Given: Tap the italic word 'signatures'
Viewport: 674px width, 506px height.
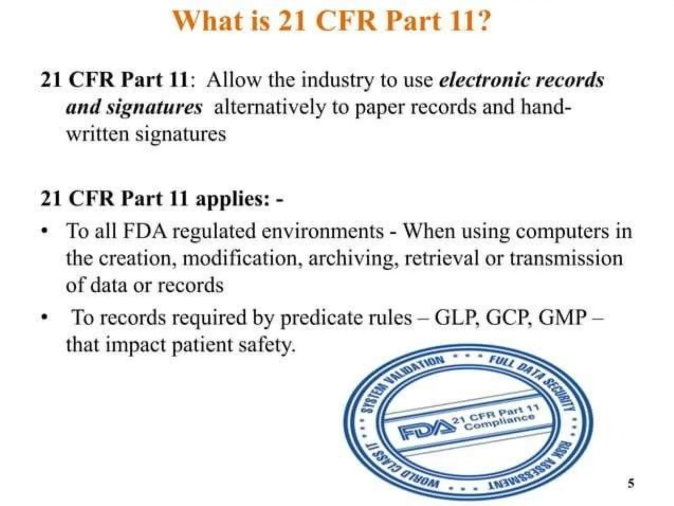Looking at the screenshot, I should [154, 108].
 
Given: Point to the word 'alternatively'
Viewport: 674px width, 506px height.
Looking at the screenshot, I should [269, 108].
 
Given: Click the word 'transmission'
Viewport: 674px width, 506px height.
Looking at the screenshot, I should [566, 258].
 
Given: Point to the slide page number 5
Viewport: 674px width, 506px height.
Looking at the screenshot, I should [631, 483].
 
